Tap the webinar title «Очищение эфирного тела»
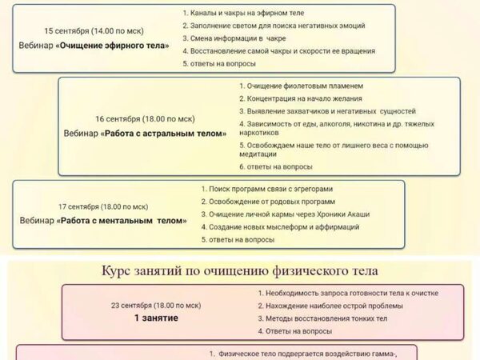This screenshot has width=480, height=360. tap(94, 46)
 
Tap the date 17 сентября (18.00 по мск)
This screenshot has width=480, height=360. tap(102, 206)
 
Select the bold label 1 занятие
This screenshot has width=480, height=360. tap(156, 318)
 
